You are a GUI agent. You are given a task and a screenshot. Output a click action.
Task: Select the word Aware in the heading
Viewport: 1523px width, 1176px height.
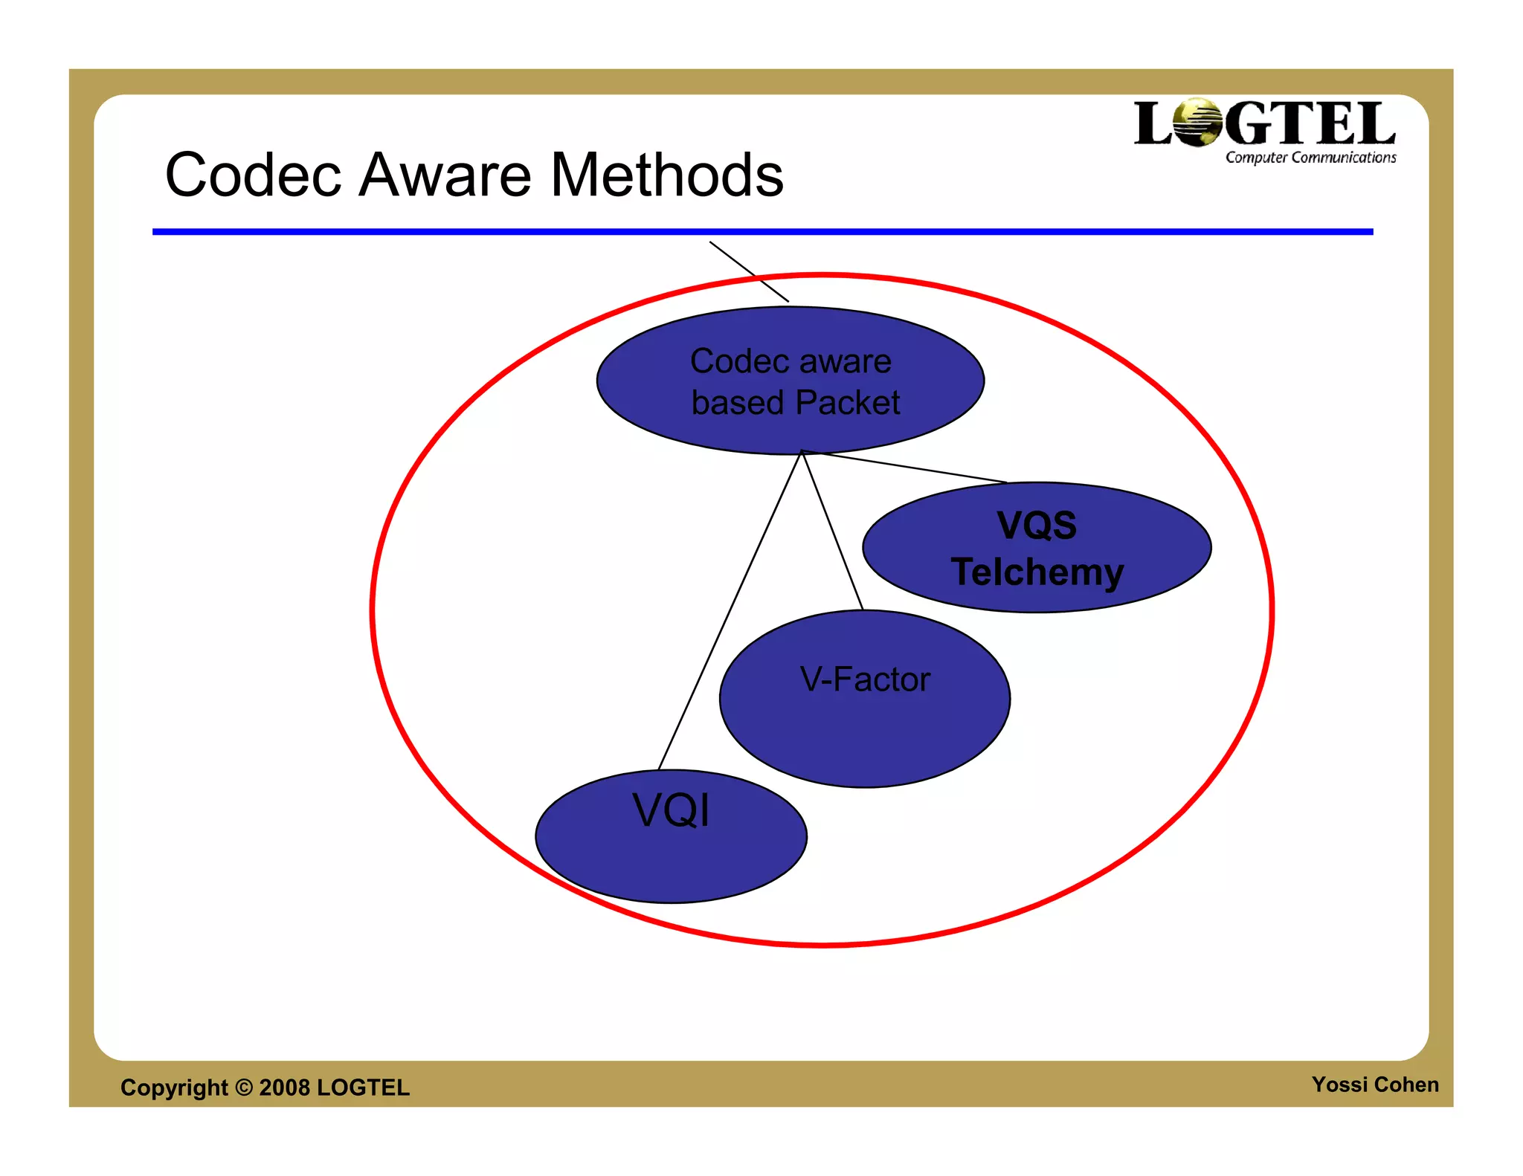point(445,175)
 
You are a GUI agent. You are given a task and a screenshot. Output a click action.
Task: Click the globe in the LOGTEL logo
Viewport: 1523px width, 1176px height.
point(1198,123)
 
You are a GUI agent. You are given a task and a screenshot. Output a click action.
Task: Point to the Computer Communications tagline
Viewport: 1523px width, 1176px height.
point(1310,158)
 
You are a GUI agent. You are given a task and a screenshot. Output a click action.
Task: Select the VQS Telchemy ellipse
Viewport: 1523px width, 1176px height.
point(1037,548)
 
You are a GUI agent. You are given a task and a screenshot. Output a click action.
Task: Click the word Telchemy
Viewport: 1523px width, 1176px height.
point(1037,572)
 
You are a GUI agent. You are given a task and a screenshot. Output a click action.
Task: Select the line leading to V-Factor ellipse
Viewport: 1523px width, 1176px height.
point(832,530)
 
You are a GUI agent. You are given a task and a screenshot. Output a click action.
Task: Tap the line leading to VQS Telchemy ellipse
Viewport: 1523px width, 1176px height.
point(904,467)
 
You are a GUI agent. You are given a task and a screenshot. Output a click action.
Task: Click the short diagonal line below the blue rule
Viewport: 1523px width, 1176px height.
point(748,271)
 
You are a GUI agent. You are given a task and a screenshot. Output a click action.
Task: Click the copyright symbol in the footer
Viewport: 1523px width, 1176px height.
point(244,1087)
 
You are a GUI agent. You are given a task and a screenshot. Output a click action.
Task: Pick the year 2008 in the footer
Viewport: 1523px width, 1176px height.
point(285,1087)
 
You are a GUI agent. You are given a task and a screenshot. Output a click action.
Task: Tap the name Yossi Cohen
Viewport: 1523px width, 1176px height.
point(1374,1085)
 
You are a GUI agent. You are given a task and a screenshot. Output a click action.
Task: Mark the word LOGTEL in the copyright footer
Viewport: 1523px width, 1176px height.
point(363,1087)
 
